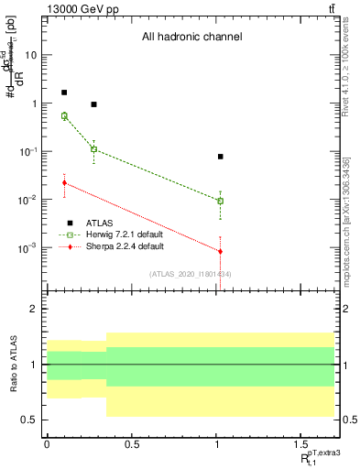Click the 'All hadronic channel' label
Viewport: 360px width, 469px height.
pyautogui.click(x=191, y=38)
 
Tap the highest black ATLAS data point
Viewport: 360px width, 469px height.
pyautogui.click(x=64, y=93)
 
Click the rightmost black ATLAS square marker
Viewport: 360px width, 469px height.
pyautogui.click(x=221, y=157)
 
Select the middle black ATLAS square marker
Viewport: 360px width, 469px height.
pyautogui.click(x=93, y=104)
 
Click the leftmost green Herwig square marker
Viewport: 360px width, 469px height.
pyautogui.click(x=64, y=116)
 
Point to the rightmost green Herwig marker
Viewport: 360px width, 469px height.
pyautogui.click(x=221, y=201)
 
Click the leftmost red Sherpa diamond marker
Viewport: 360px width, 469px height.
pyautogui.click(x=64, y=183)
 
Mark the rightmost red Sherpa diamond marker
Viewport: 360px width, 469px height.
pyautogui.click(x=221, y=251)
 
